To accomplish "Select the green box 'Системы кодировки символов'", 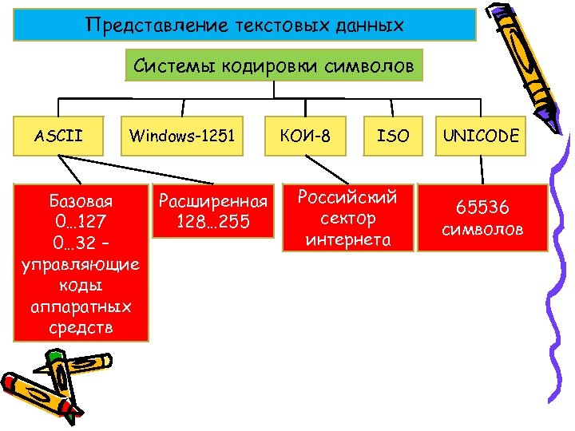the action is click(274, 66).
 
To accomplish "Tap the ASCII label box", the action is click(59, 136).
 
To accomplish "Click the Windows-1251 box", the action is click(183, 136).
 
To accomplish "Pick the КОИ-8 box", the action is click(307, 136).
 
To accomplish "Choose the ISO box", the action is click(392, 136).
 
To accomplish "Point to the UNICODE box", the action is click(482, 136).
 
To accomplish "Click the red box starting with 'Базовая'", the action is click(81, 263).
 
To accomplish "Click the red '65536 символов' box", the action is click(482, 218).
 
